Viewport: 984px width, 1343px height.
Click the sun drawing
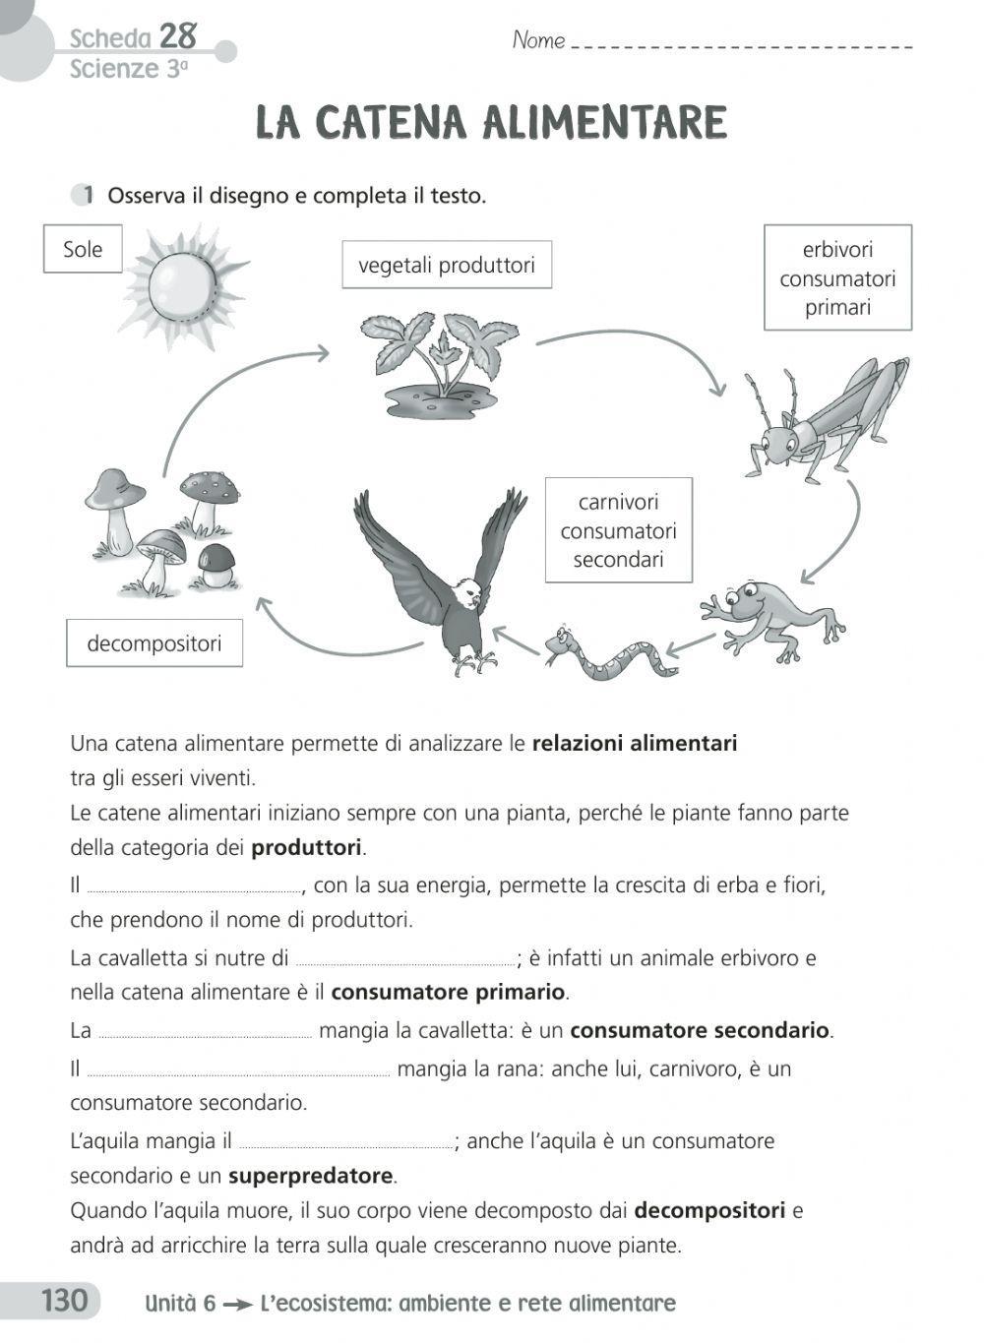click(183, 285)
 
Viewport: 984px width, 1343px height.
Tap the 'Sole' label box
click(83, 249)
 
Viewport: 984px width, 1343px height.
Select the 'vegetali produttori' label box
click(446, 265)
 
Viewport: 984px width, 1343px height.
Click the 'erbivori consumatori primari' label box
click(837, 277)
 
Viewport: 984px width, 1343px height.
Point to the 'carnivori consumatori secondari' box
click(618, 530)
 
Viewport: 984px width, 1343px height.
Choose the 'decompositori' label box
click(154, 643)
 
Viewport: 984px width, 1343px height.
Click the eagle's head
click(470, 593)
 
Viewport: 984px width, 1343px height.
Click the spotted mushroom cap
click(211, 485)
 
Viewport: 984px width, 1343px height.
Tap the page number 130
click(64, 1301)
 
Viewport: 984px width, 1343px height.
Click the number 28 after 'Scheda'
click(178, 36)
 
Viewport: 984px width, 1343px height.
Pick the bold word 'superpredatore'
click(310, 1176)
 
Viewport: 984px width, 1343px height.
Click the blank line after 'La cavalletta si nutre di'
click(404, 958)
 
